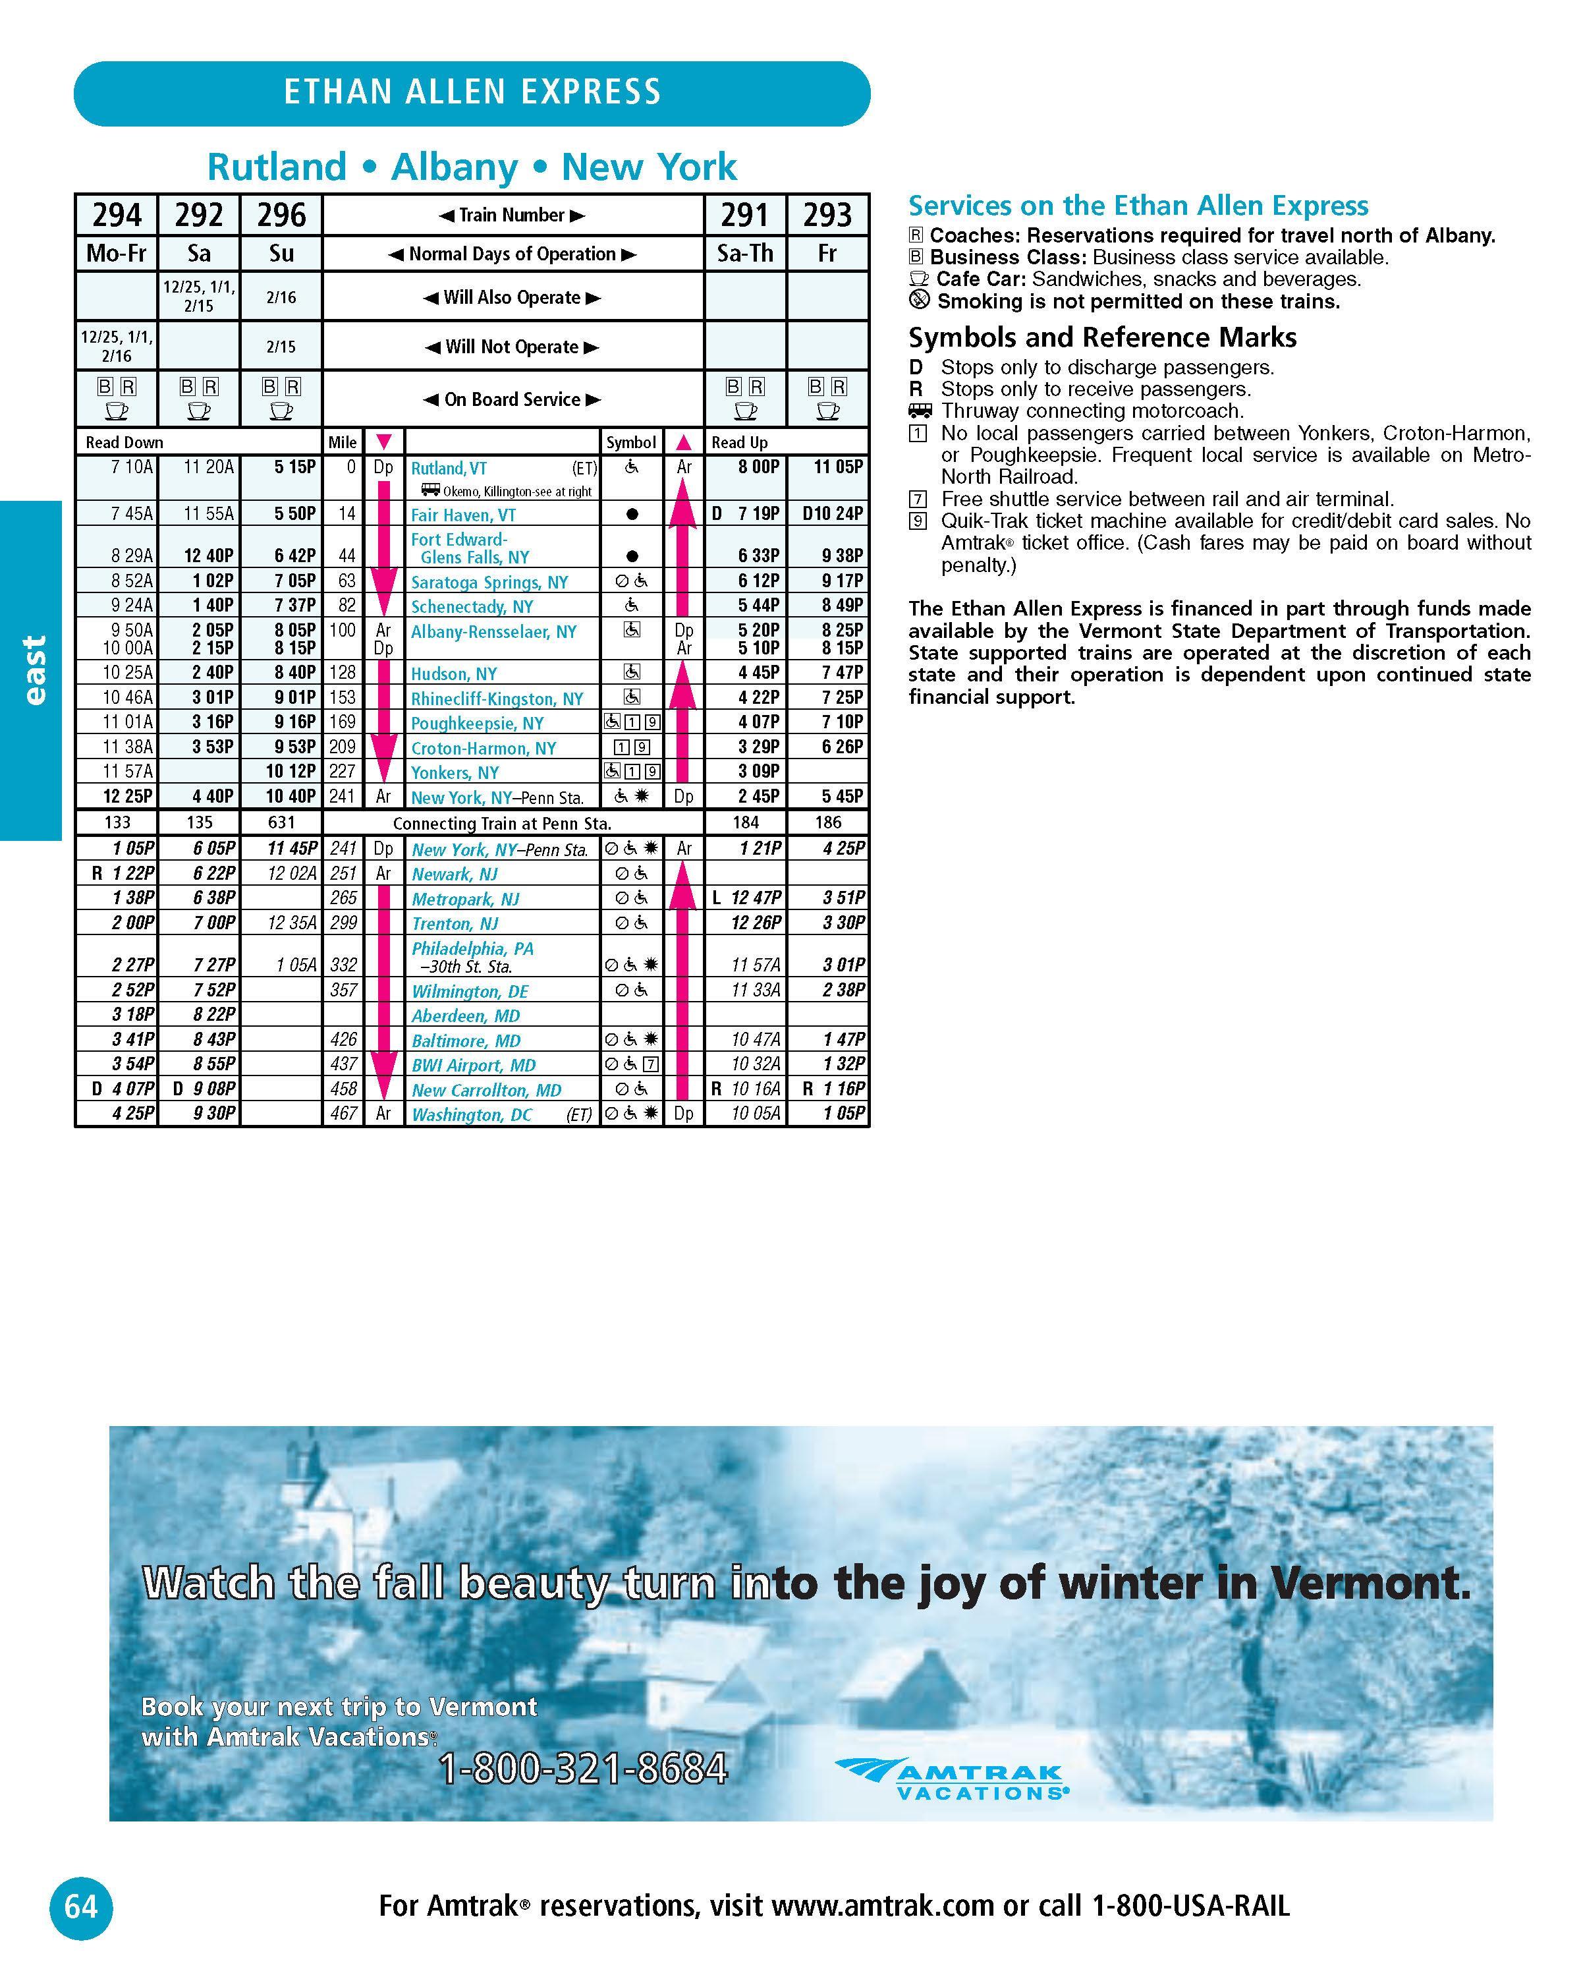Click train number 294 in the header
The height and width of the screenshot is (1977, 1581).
(x=117, y=215)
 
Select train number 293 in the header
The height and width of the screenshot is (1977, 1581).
(x=827, y=215)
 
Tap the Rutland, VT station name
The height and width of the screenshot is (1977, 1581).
(x=449, y=469)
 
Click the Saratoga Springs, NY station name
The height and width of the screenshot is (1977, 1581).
(x=489, y=583)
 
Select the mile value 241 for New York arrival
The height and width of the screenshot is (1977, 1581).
(x=342, y=797)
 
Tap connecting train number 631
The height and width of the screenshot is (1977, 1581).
(x=281, y=822)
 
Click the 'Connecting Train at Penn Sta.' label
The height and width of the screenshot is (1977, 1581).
(x=502, y=824)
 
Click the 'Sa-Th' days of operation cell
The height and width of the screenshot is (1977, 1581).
(x=744, y=254)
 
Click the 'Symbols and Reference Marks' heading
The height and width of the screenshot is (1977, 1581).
(x=1101, y=337)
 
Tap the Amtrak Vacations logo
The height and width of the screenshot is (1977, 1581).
(x=953, y=1780)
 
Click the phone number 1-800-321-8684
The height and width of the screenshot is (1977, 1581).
(x=584, y=1768)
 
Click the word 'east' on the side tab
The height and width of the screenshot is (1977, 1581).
(x=33, y=670)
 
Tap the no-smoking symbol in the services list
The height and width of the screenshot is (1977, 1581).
(x=918, y=301)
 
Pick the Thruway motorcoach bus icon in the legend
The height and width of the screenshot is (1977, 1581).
(x=919, y=411)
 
